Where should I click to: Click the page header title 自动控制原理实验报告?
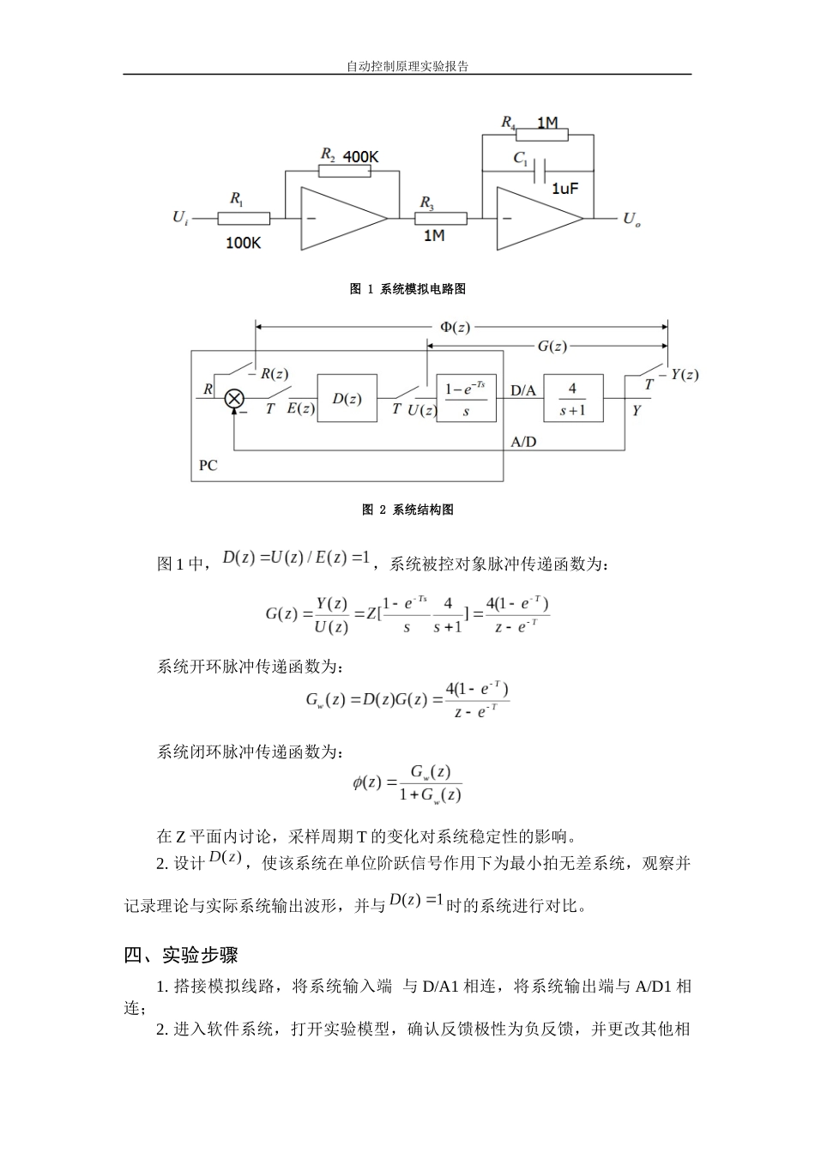point(407,66)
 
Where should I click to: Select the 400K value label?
point(360,157)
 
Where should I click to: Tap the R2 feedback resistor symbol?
point(344,171)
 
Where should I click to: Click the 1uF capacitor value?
point(564,188)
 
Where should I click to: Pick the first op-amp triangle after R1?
point(340,219)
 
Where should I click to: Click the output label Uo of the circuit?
point(631,220)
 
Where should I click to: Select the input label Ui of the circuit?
point(180,218)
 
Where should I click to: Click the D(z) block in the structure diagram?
point(347,398)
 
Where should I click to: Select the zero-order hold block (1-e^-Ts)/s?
point(465,398)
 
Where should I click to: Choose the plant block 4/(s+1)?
point(572,398)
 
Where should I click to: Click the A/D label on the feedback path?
point(523,442)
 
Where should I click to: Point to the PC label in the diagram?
point(208,465)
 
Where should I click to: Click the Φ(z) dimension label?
point(454,327)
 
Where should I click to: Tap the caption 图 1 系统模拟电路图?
point(407,289)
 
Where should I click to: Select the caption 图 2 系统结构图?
point(407,510)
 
